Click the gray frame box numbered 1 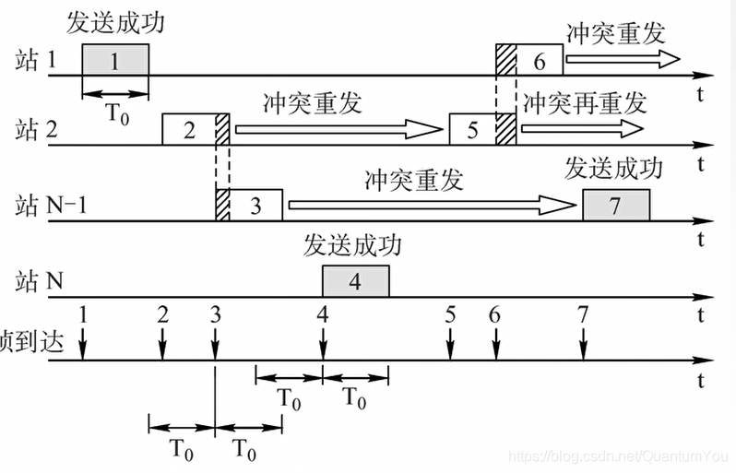pyautogui.click(x=114, y=61)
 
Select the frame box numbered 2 pyautogui.click(x=188, y=129)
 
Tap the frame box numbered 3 pyautogui.click(x=256, y=204)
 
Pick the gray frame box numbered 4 pyautogui.click(x=355, y=280)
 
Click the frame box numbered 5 pyautogui.click(x=472, y=129)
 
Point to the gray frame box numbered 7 pyautogui.click(x=616, y=205)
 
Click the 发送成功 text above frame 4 pyautogui.click(x=353, y=246)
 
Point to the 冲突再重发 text pyautogui.click(x=584, y=101)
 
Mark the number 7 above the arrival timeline pyautogui.click(x=583, y=314)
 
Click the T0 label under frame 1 pyautogui.click(x=115, y=114)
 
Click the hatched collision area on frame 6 pyautogui.click(x=505, y=60)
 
